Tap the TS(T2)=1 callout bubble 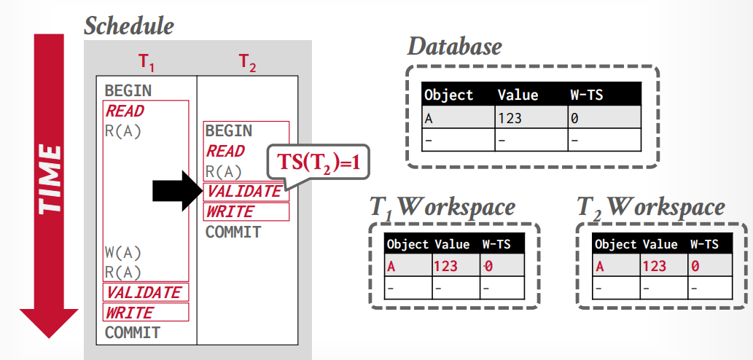point(319,163)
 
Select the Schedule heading point(129,26)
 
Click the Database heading point(454,47)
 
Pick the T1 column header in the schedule point(147,63)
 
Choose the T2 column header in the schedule point(248,63)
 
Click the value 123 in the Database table point(510,117)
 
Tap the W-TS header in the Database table point(587,95)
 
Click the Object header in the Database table point(448,95)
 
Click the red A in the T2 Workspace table point(600,266)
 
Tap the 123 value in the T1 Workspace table point(445,266)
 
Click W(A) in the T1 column point(122,253)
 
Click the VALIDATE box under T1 point(146,292)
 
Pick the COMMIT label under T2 point(233,232)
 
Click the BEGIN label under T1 point(128,90)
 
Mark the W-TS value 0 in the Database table point(576,117)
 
